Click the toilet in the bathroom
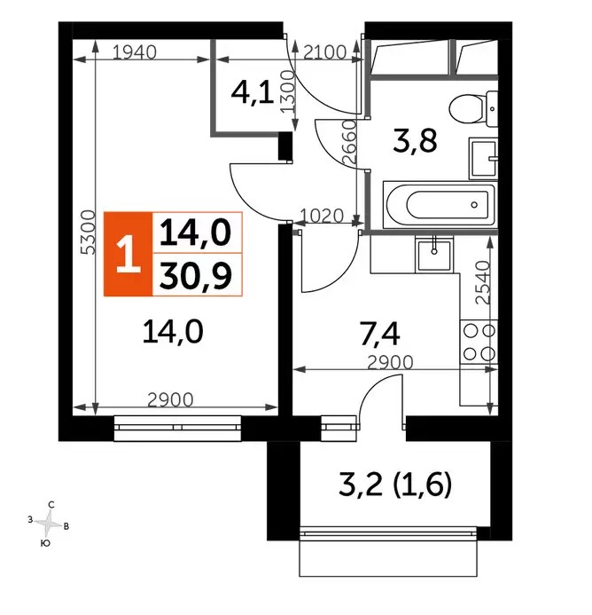(473, 109)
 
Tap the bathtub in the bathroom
(440, 204)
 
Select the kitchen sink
(434, 255)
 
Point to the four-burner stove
(479, 343)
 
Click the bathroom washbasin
(484, 159)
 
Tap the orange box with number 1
(129, 254)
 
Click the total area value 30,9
(196, 275)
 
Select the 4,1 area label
(252, 94)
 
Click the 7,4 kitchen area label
(379, 334)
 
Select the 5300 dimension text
(88, 233)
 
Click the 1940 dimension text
(135, 51)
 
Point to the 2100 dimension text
(324, 51)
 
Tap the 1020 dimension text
(322, 216)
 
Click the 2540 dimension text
(483, 282)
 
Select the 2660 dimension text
(348, 142)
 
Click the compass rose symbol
(48, 524)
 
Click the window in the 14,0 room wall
(177, 428)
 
